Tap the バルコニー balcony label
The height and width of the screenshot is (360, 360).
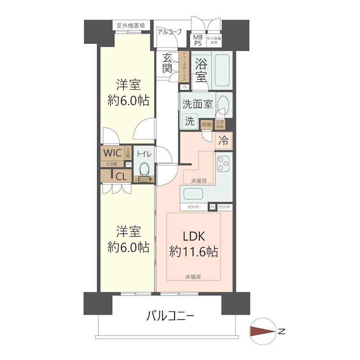click(x=171, y=316)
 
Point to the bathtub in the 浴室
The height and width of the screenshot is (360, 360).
click(x=221, y=70)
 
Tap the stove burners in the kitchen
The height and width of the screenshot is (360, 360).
click(x=223, y=164)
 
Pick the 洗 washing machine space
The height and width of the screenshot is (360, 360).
click(x=190, y=121)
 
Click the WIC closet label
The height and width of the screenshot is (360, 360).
click(x=112, y=153)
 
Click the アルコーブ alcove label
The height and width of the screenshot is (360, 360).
click(x=170, y=31)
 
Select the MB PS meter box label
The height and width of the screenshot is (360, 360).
click(x=198, y=40)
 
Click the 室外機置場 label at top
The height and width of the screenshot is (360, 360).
click(x=130, y=26)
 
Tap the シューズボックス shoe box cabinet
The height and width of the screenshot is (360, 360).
click(x=184, y=67)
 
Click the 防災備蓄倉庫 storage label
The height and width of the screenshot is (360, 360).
click(x=214, y=40)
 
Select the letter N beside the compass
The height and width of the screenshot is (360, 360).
click(x=282, y=332)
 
